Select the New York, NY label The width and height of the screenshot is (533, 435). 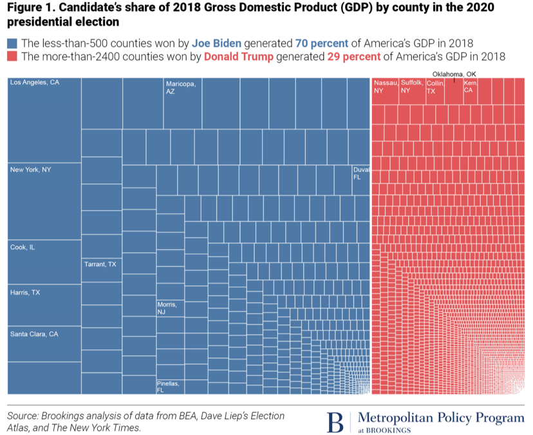31,170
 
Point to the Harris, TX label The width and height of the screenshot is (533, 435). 25,292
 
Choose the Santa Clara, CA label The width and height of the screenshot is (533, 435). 34,334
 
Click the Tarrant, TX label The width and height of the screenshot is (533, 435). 100,264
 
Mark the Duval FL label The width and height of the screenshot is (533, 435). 360,173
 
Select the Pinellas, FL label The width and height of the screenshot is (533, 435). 169,387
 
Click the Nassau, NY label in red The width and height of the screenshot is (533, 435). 385,87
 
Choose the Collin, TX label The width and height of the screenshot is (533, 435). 435,87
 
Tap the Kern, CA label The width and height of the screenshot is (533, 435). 470,87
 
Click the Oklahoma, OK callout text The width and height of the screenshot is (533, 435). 454,73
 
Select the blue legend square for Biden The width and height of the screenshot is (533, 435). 13,44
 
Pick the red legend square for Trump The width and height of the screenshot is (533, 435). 13,57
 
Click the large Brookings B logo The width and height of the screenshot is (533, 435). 337,422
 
